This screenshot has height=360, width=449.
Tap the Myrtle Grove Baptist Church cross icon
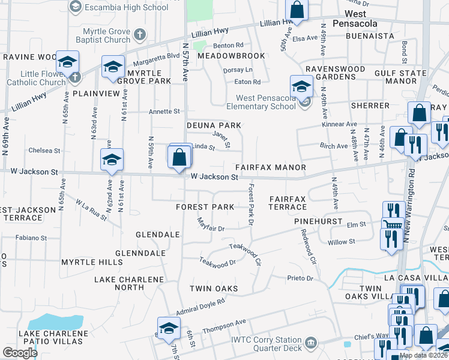(139, 35)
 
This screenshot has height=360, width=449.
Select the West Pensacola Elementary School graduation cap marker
(301, 86)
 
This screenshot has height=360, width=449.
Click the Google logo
(20, 352)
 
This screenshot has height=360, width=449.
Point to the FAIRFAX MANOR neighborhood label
(270, 167)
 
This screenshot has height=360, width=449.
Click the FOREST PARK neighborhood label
(205, 207)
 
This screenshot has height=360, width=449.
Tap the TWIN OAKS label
(214, 289)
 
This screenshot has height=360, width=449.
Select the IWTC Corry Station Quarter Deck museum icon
(310, 343)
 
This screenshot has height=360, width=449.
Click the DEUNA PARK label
(214, 125)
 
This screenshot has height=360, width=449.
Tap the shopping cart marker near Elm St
(392, 224)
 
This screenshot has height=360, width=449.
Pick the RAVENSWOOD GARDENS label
(335, 73)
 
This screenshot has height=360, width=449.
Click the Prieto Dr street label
(300, 278)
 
